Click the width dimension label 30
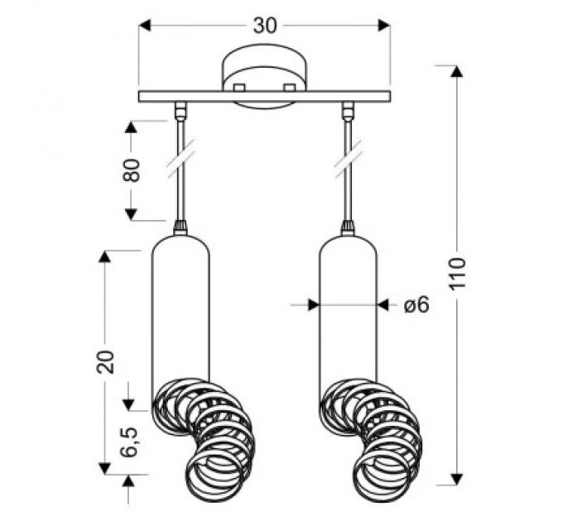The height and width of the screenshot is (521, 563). [x=265, y=26]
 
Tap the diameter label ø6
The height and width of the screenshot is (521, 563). [x=416, y=305]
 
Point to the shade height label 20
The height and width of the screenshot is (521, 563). [x=106, y=361]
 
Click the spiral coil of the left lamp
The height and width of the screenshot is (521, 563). [x=212, y=434]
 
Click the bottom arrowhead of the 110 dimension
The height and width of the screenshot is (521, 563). [x=456, y=479]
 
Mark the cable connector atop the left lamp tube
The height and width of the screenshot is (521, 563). [x=180, y=227]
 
